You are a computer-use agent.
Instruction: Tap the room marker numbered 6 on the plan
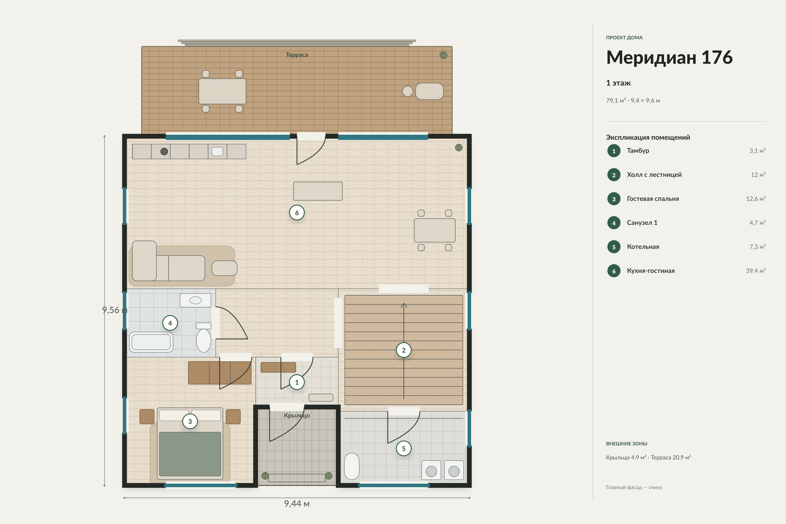(x=297, y=212)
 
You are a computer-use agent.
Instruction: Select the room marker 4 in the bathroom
(x=170, y=323)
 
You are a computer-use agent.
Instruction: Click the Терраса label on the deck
(x=297, y=55)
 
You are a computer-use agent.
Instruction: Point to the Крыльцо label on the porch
(x=297, y=415)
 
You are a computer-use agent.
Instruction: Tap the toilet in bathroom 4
(x=203, y=338)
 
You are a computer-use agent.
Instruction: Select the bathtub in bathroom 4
(x=151, y=342)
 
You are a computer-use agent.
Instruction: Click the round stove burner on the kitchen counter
(x=164, y=151)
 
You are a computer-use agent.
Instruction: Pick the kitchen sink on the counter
(x=217, y=151)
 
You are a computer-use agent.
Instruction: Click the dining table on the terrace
(x=222, y=91)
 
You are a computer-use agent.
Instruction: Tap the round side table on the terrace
(x=407, y=91)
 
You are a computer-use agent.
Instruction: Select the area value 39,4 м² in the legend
(x=756, y=271)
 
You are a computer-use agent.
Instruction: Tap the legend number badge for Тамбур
(x=614, y=151)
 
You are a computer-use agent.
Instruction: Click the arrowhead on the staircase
(x=404, y=305)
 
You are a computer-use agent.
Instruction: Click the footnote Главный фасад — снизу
(x=634, y=487)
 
